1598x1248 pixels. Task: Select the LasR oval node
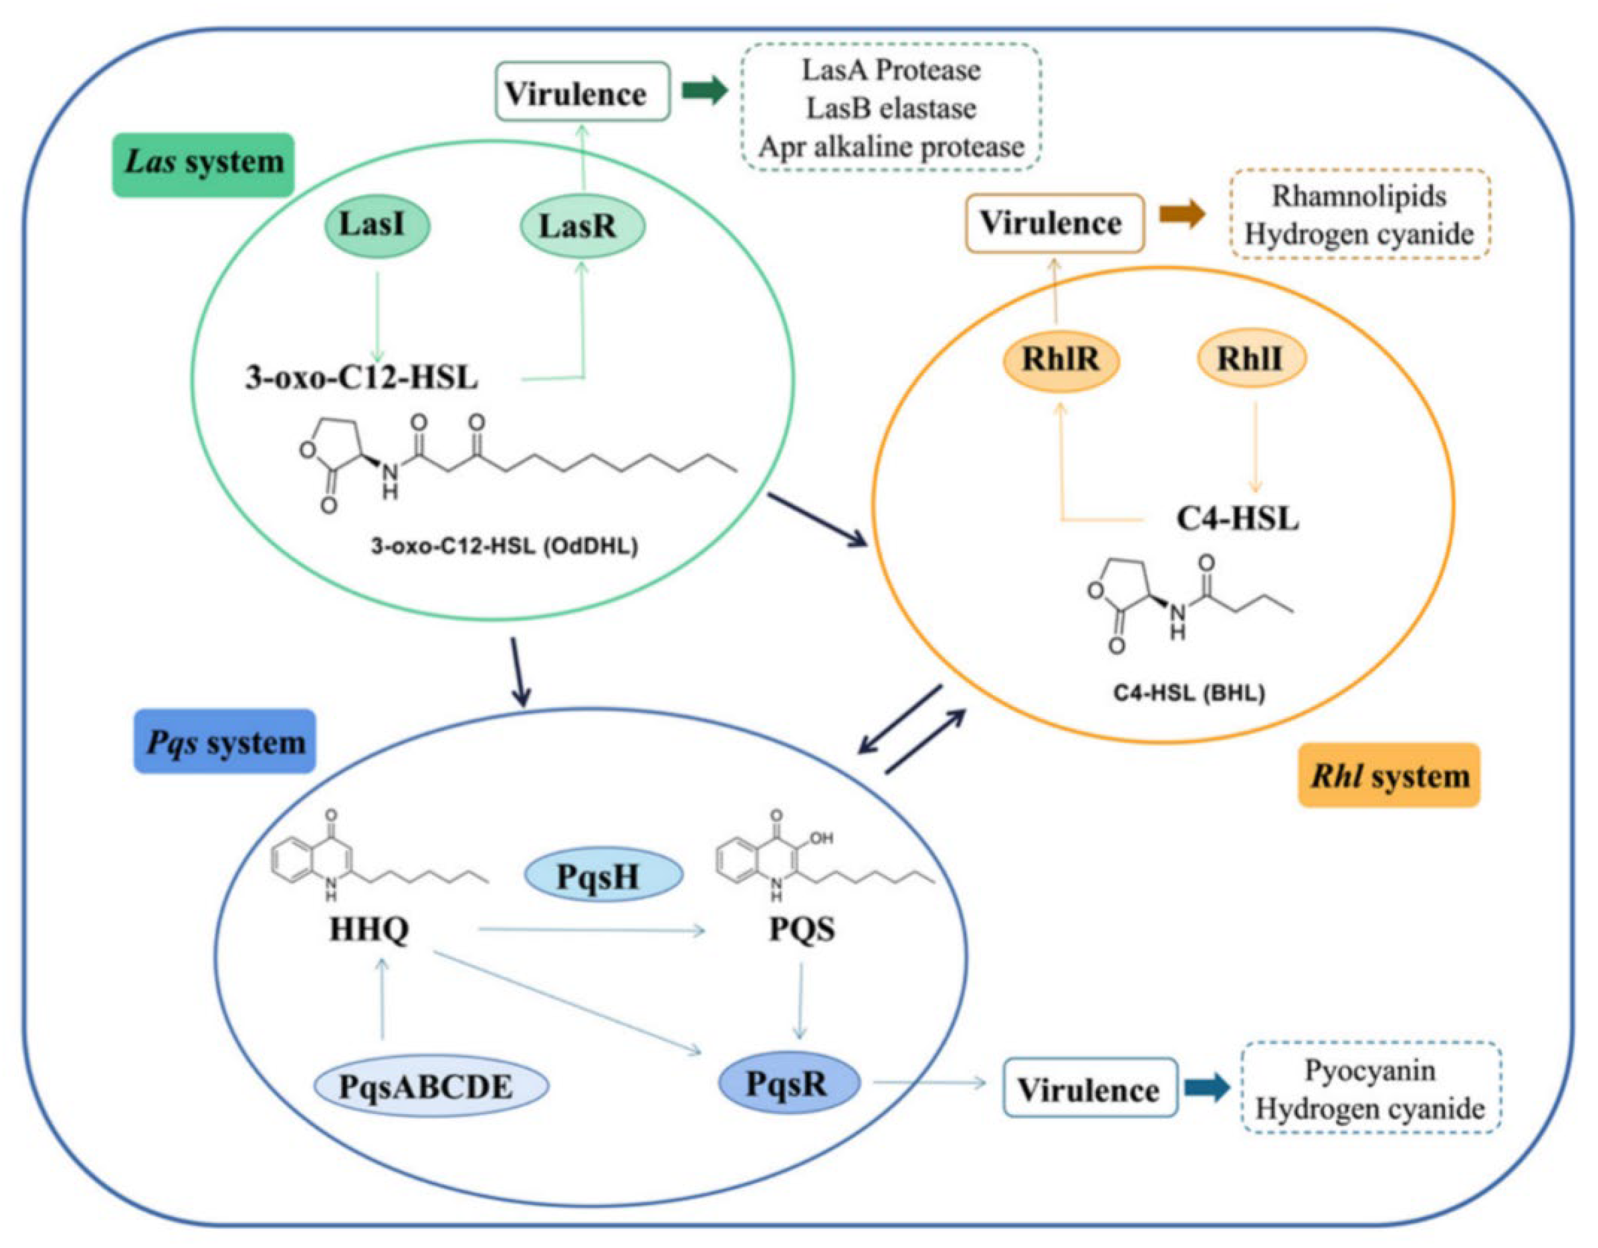[582, 227]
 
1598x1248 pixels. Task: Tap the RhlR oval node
[1061, 359]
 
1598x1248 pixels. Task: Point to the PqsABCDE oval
[431, 1086]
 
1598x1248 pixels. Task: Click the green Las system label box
[203, 163]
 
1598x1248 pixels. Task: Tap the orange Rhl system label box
[1389, 776]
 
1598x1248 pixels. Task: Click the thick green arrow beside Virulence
[704, 92]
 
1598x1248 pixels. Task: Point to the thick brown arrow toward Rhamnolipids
[1182, 214]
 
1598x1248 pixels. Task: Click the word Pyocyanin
[1370, 1071]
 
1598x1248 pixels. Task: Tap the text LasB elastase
[891, 108]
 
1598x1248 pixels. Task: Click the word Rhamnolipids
[1358, 196]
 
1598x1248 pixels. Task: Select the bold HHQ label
[369, 930]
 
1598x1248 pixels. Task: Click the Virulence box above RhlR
[1054, 223]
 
